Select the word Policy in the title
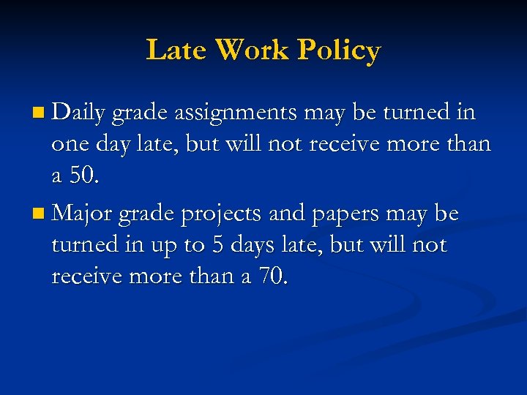point(339,51)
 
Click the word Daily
point(80,113)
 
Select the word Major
point(82,214)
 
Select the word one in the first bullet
point(68,145)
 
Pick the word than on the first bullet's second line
point(466,144)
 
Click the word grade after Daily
point(141,114)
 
